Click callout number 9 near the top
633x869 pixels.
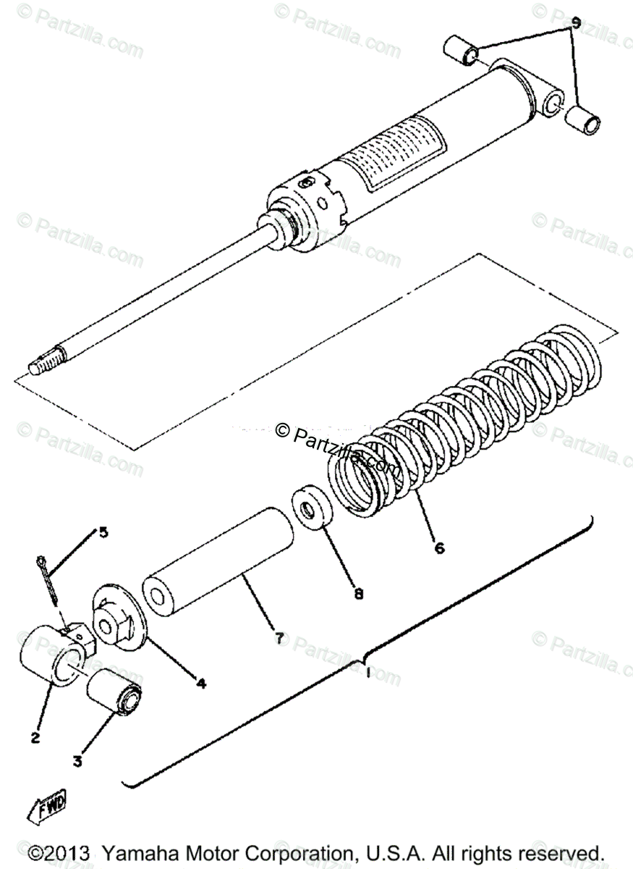pyautogui.click(x=576, y=23)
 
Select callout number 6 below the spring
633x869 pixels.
pyautogui.click(x=439, y=547)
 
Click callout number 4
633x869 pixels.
pyautogui.click(x=200, y=682)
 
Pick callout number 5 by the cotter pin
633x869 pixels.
pyautogui.click(x=103, y=533)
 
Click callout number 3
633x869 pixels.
pyautogui.click(x=78, y=761)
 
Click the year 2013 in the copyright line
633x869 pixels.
pyautogui.click(x=66, y=852)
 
